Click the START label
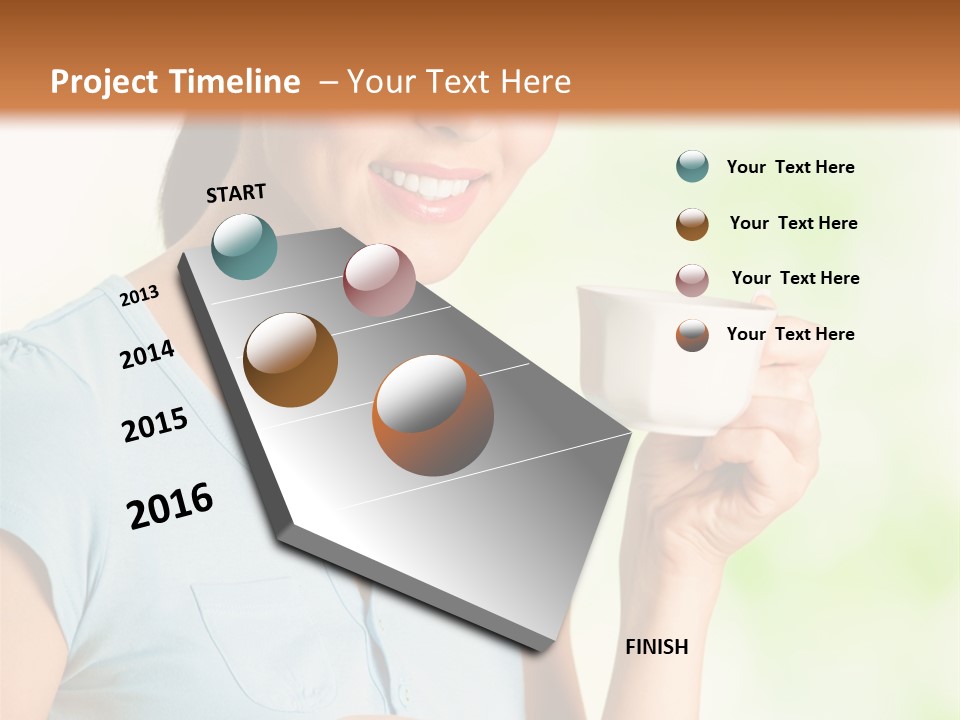click(236, 193)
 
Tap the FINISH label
click(657, 647)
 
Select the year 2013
click(139, 295)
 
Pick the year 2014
click(147, 354)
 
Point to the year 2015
click(155, 425)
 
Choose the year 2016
click(170, 505)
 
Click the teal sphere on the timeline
click(244, 246)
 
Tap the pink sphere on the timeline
click(379, 279)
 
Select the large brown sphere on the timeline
click(291, 359)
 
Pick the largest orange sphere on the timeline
click(433, 415)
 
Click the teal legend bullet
click(692, 166)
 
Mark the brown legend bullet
click(692, 224)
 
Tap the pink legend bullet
click(692, 280)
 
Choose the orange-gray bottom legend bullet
click(692, 335)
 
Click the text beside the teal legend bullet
click(790, 167)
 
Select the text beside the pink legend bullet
click(795, 278)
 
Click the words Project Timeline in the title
click(175, 82)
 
